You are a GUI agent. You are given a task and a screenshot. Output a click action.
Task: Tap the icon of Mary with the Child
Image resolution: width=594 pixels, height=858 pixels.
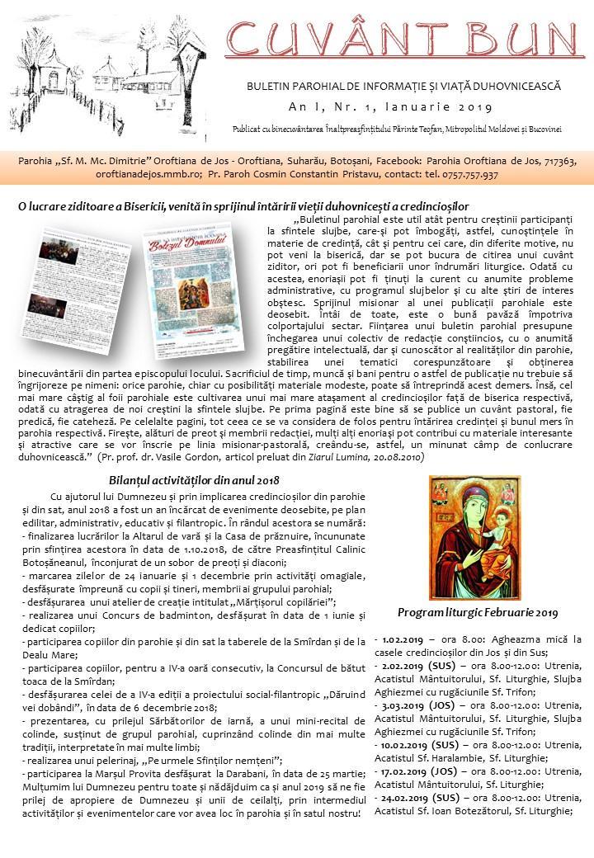478,540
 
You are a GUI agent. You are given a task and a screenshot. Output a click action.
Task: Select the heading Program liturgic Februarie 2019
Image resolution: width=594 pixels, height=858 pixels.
478,612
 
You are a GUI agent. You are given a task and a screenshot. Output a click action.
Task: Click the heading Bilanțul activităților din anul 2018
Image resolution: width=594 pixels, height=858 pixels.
194,480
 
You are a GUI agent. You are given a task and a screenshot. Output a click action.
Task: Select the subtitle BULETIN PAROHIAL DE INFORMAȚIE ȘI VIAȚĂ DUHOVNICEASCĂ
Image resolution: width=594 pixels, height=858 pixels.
403,86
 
